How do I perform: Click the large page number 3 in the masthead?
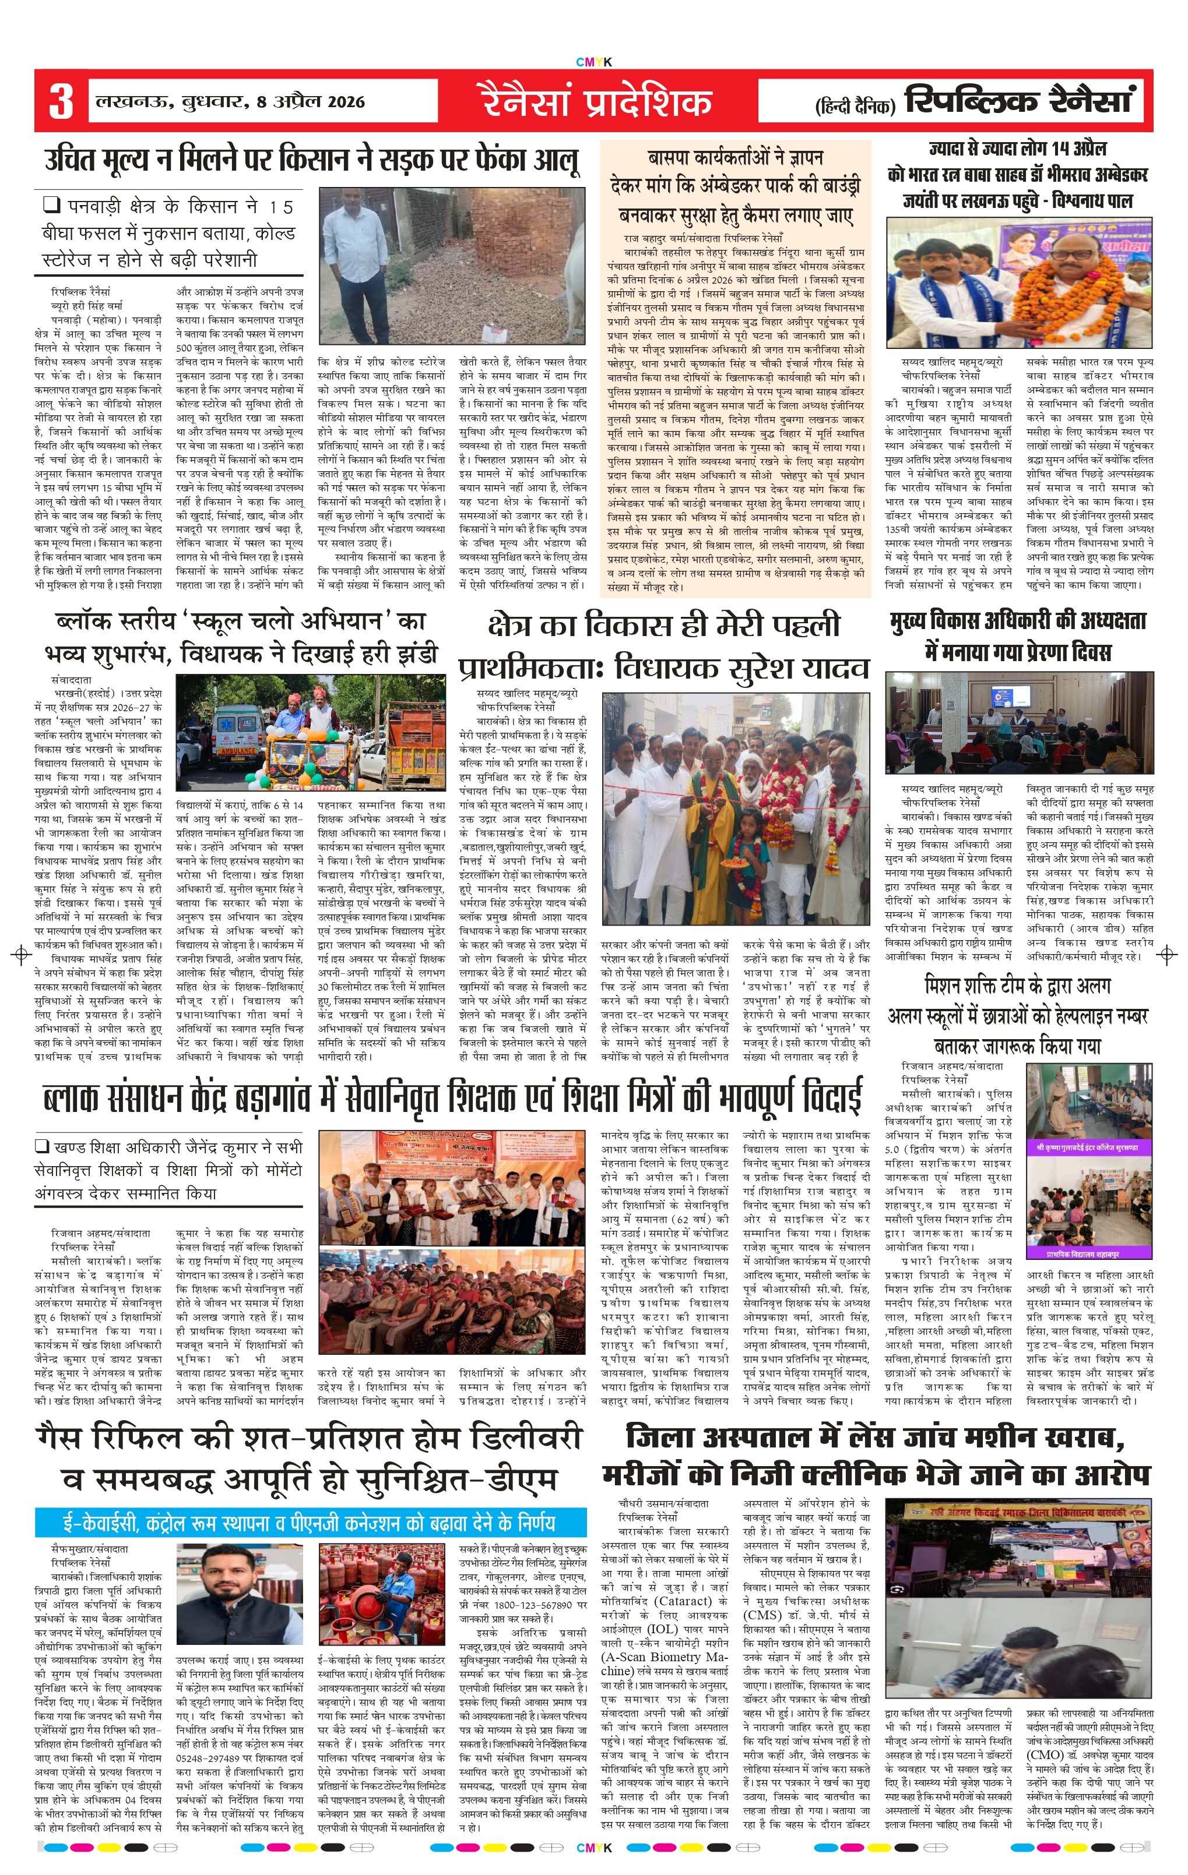coord(61,101)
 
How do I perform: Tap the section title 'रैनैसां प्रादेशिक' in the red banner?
coord(595,102)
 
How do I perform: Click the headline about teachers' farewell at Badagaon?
coord(452,1096)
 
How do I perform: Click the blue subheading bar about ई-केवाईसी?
coord(310,1522)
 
